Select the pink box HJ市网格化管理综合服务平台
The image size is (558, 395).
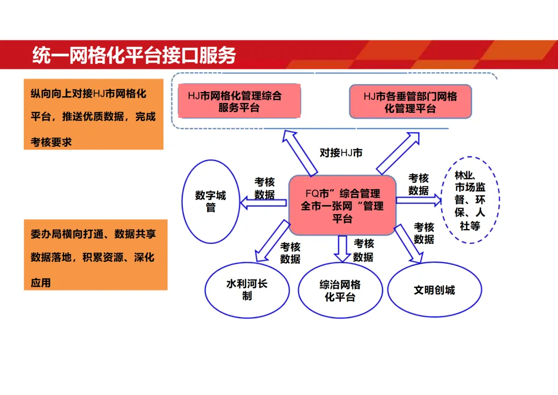(x=239, y=101)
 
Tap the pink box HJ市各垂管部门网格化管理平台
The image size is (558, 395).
(x=410, y=102)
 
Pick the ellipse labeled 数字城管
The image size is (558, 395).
(x=211, y=202)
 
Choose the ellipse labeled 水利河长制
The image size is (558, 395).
(x=247, y=290)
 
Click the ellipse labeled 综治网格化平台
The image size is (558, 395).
(x=340, y=291)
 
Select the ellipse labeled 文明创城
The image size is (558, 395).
(x=434, y=290)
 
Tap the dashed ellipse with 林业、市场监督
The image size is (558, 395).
(x=470, y=200)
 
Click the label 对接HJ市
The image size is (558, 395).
(x=341, y=153)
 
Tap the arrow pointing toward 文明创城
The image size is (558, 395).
(x=409, y=243)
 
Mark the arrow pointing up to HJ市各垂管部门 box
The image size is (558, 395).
(x=397, y=153)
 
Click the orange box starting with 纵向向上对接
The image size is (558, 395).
(x=94, y=114)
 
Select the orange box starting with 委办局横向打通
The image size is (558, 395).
(x=96, y=254)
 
